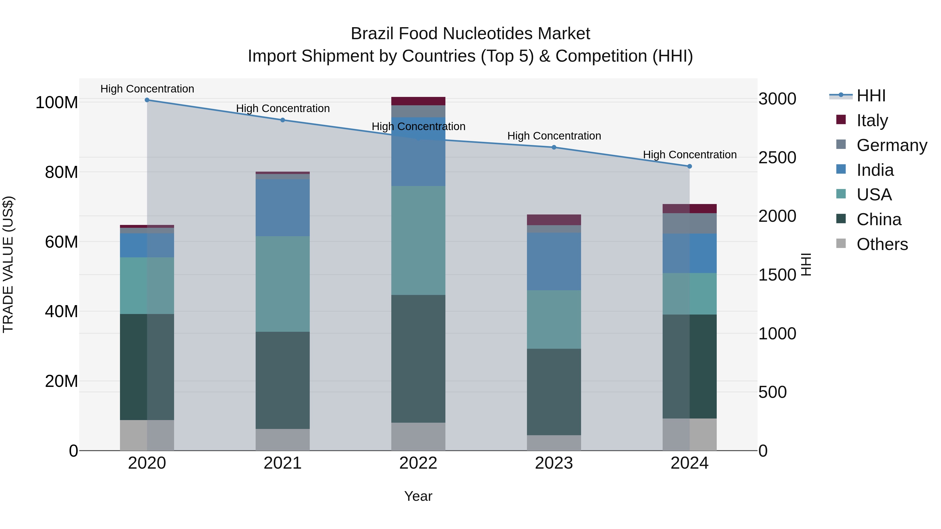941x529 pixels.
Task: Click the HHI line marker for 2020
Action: (x=147, y=100)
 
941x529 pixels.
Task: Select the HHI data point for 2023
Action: (x=554, y=148)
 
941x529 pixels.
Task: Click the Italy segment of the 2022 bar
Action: (x=418, y=101)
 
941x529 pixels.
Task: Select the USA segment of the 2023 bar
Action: (x=554, y=319)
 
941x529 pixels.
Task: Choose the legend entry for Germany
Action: (x=891, y=145)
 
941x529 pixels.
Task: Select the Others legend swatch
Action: (x=841, y=243)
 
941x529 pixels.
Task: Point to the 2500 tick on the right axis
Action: (x=777, y=158)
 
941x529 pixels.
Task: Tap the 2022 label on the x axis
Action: (x=418, y=463)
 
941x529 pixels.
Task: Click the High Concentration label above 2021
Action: (x=283, y=108)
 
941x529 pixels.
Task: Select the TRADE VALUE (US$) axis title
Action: (x=8, y=264)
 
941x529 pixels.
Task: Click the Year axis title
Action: (x=418, y=496)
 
